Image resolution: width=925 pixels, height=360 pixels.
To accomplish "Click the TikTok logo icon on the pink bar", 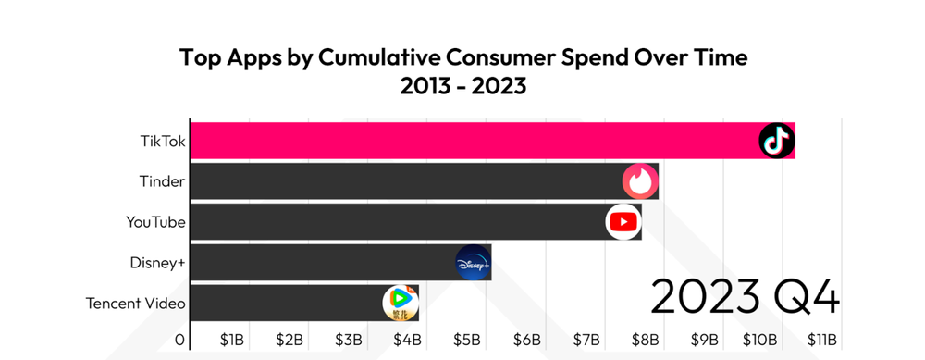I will pyautogui.click(x=776, y=141).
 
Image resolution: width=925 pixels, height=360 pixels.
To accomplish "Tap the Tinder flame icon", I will pyautogui.click(x=640, y=181).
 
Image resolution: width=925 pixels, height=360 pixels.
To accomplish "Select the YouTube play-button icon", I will pyautogui.click(x=623, y=222).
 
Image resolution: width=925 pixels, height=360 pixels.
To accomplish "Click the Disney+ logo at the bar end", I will pyautogui.click(x=474, y=263).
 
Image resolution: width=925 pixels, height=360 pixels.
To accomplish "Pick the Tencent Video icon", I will pyautogui.click(x=401, y=303).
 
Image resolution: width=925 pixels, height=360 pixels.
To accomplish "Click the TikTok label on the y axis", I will pyautogui.click(x=163, y=141).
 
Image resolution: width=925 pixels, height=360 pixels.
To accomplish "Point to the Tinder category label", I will pyautogui.click(x=162, y=181).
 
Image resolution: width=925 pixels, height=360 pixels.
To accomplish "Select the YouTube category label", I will pyautogui.click(x=155, y=222).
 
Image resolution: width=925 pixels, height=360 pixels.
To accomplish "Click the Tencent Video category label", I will pyautogui.click(x=136, y=304).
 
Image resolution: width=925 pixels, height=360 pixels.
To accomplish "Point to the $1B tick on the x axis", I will pyautogui.click(x=231, y=340).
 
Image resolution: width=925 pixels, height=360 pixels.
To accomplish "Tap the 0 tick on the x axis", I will pyautogui.click(x=180, y=340).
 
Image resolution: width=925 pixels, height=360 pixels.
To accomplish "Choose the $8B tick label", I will pyautogui.click(x=646, y=340).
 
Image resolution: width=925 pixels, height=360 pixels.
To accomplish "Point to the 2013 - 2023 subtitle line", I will pyautogui.click(x=462, y=86).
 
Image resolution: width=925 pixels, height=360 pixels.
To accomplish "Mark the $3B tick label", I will pyautogui.click(x=350, y=340).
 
